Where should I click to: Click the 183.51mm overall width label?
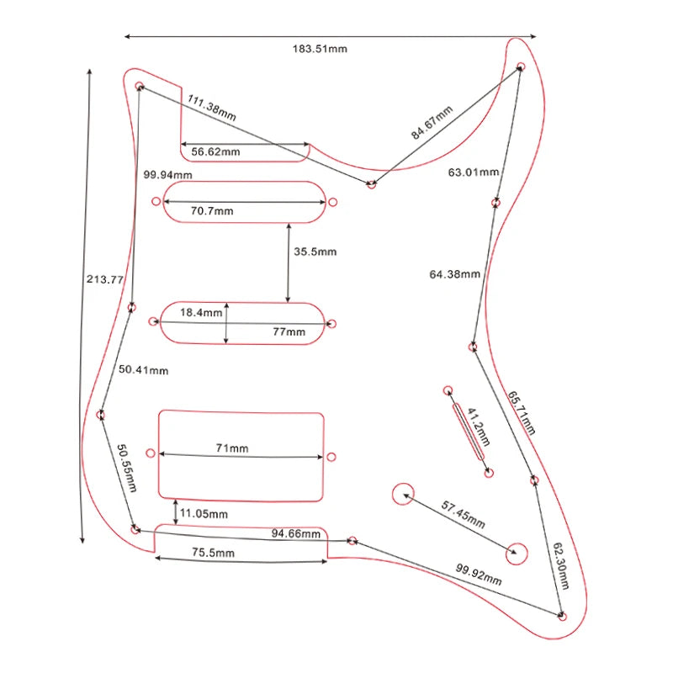pos(320,49)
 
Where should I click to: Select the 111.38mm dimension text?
pos(211,108)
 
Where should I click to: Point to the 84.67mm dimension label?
pos(432,123)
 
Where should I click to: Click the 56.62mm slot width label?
pos(215,151)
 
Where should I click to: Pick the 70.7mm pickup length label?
pos(212,210)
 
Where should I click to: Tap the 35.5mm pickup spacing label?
pos(315,252)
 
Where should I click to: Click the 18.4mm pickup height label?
pos(201,312)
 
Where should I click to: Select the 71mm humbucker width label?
pos(232,448)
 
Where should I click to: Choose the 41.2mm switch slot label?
pos(477,428)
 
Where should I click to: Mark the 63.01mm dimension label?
pos(474,172)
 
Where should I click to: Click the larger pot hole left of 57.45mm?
pos(403,494)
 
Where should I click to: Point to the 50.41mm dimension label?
pos(143,369)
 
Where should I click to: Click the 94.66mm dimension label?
pos(295,533)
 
